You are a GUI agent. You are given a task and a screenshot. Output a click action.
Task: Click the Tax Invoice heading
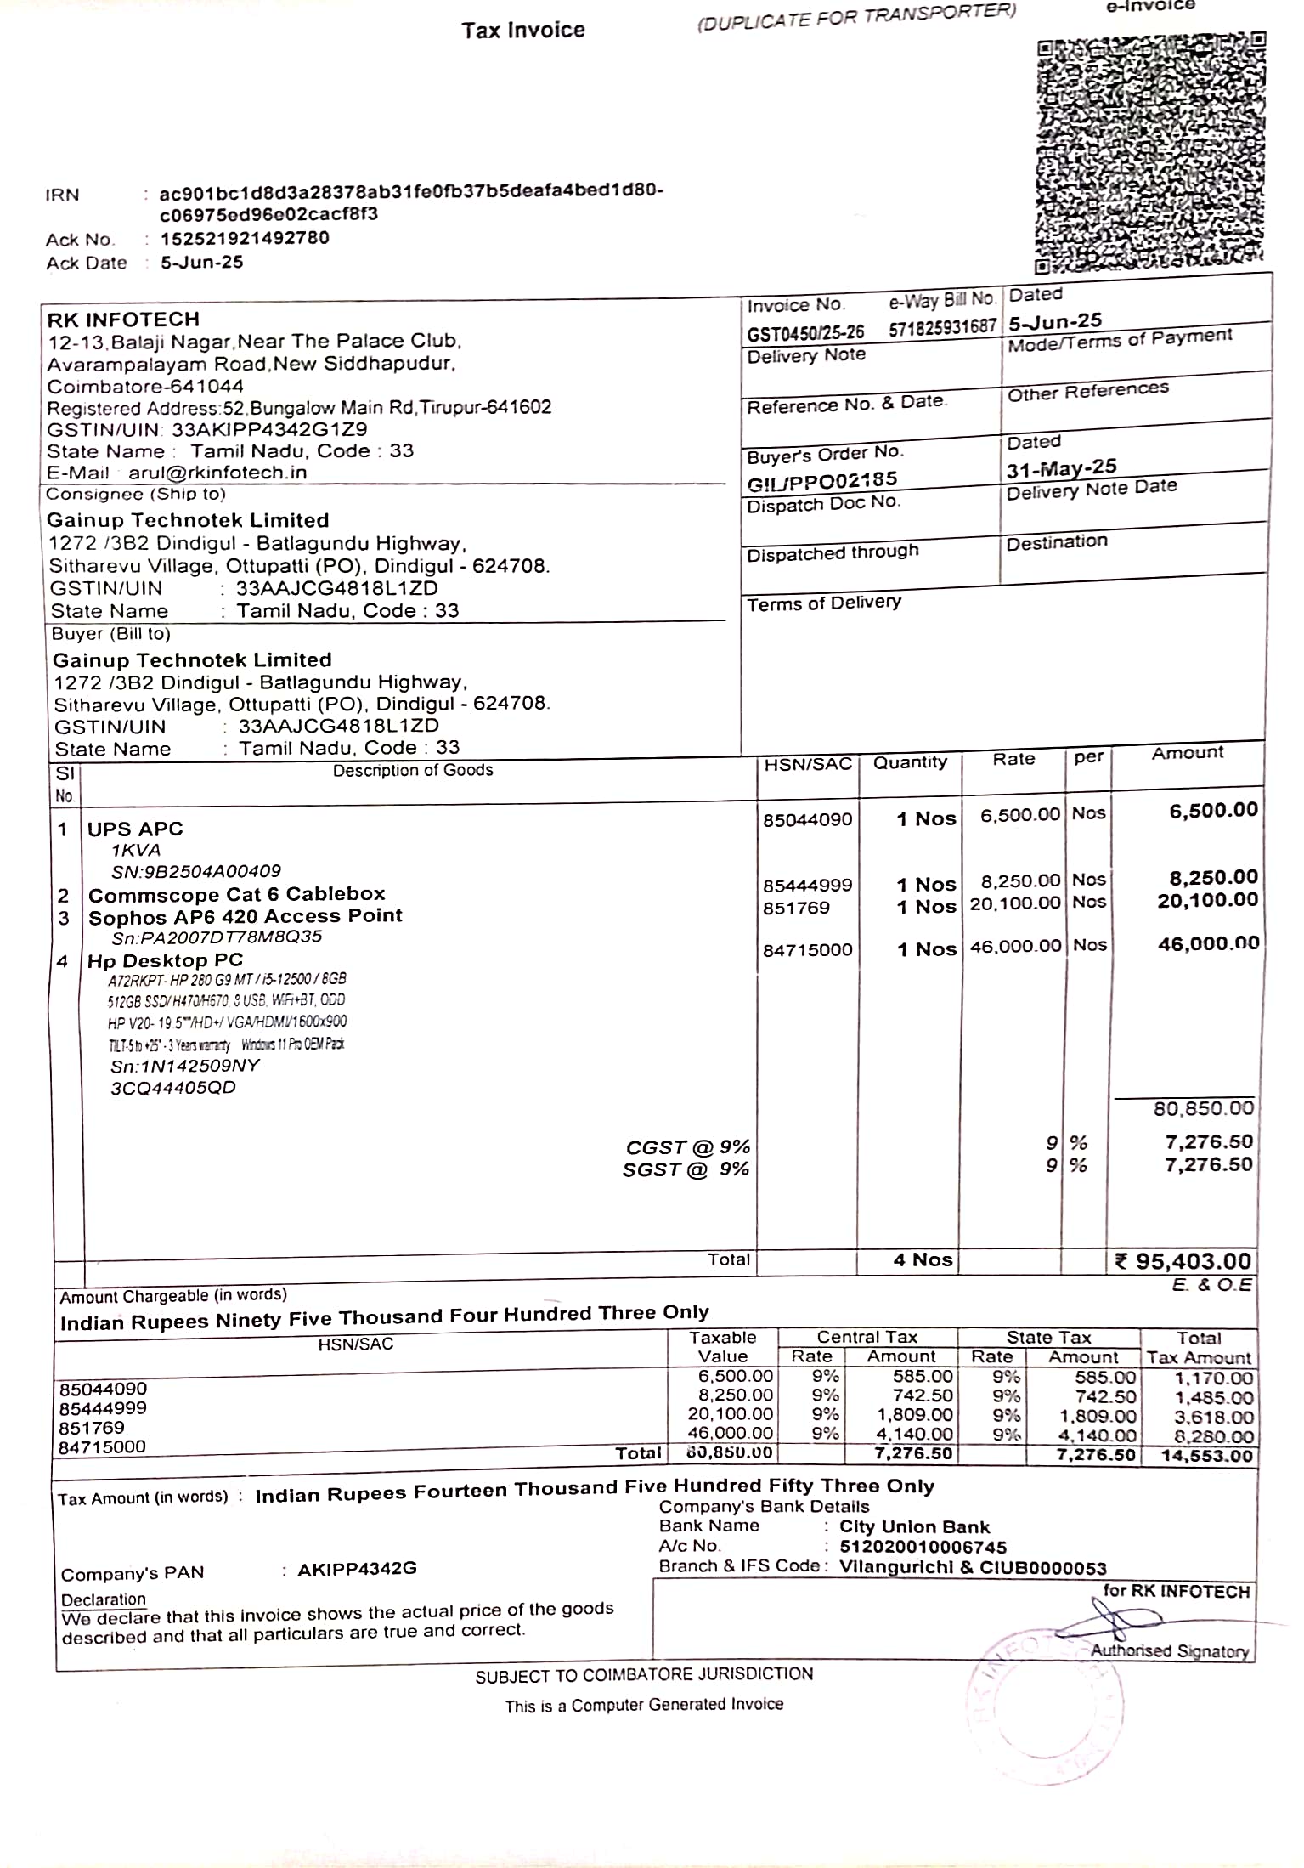523,31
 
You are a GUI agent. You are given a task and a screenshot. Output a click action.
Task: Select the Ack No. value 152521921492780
245,238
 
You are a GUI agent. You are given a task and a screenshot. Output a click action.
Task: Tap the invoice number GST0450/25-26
805,332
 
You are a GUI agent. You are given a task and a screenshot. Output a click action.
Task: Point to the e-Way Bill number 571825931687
942,328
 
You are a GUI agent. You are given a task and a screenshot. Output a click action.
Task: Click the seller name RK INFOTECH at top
123,320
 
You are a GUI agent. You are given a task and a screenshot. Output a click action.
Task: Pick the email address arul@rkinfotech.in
217,473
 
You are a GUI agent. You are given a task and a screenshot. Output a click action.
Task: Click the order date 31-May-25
1061,468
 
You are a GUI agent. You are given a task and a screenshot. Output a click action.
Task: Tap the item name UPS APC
135,829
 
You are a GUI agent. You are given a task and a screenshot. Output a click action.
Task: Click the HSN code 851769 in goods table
796,908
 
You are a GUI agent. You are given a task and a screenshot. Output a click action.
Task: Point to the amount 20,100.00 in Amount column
1207,900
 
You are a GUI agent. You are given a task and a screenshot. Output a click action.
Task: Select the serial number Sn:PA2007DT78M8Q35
217,937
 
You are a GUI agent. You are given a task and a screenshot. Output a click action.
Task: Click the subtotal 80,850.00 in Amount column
1203,1108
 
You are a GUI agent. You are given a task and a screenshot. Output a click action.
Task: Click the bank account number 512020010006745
923,1548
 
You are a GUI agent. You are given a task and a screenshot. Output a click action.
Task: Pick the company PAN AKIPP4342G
357,1569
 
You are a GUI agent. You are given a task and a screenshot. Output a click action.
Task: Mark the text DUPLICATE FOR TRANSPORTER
856,16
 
